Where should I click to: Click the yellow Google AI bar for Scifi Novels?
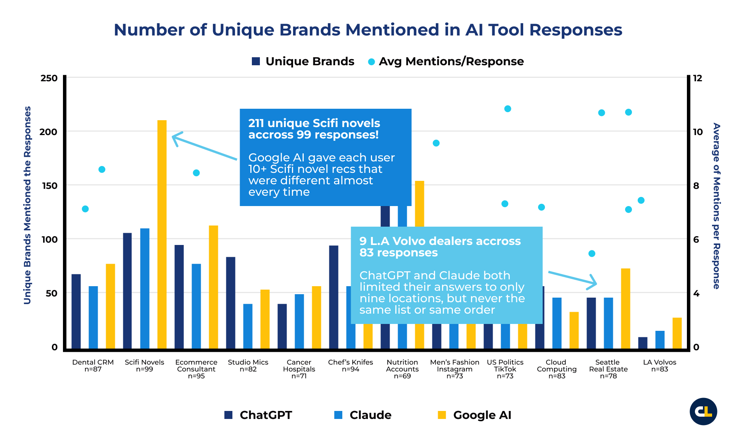(162, 234)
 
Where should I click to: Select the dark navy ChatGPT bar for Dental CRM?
(76, 311)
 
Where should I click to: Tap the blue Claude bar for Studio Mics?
(248, 326)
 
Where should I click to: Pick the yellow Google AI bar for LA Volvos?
(677, 333)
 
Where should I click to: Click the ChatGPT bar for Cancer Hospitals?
(282, 326)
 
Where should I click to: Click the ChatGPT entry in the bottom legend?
(258, 415)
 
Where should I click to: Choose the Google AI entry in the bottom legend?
(474, 415)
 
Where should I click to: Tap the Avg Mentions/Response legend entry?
(445, 61)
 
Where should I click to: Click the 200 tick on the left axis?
(48, 132)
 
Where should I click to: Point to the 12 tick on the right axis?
(697, 78)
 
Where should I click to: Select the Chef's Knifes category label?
(350, 366)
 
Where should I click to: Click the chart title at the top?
(368, 30)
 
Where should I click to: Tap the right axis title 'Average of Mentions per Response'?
(716, 206)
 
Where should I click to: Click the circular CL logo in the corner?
(703, 411)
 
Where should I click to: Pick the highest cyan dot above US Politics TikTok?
(508, 109)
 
